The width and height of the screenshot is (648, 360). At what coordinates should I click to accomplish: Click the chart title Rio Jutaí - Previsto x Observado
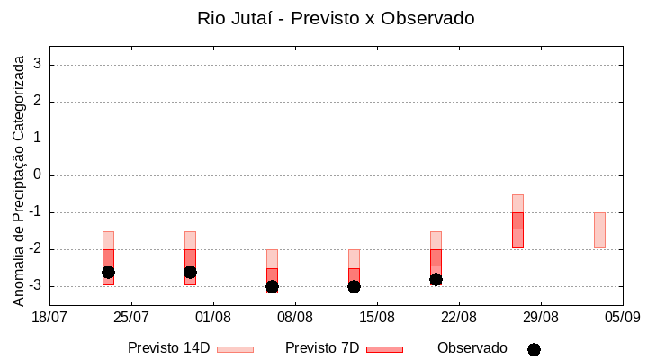336,18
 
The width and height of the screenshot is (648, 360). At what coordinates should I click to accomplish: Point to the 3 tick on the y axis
39,65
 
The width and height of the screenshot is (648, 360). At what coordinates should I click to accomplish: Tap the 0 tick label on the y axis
39,175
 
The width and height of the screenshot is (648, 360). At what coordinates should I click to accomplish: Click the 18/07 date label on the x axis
50,317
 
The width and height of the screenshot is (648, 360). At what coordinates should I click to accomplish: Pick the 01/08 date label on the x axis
213,317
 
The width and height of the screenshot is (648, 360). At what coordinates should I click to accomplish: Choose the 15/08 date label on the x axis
377,317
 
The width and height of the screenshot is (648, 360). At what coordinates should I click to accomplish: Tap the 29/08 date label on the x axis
541,317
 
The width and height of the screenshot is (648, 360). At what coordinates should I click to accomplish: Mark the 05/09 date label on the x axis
622,317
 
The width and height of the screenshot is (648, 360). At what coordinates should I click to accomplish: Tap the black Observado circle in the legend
534,349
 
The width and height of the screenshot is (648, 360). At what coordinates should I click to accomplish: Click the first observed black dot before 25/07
108,272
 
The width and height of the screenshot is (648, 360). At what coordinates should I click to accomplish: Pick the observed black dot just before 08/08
272,286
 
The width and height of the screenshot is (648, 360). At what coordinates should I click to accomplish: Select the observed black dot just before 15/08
354,286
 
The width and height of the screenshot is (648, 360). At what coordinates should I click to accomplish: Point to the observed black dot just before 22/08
436,279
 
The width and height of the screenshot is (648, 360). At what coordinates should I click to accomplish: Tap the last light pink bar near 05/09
599,229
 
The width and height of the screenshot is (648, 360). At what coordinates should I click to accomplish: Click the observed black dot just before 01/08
190,272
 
